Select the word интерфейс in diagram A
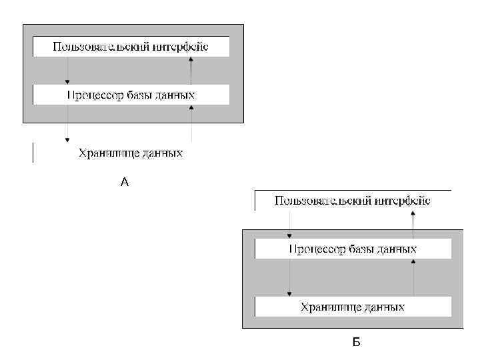pyautogui.click(x=181, y=47)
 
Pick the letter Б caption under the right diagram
pyautogui.click(x=356, y=343)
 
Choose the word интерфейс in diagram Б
pyautogui.click(x=403, y=201)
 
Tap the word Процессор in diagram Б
pyautogui.click(x=317, y=249)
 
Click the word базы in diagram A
pyautogui.click(x=140, y=95)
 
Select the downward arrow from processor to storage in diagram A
pyautogui.click(x=67, y=123)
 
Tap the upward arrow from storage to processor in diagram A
pyautogui.click(x=191, y=123)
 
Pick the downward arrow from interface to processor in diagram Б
pyautogui.click(x=289, y=224)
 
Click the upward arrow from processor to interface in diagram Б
pyautogui.click(x=413, y=224)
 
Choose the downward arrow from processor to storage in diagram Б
pyautogui.click(x=289, y=277)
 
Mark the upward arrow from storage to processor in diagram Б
pyautogui.click(x=413, y=277)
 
